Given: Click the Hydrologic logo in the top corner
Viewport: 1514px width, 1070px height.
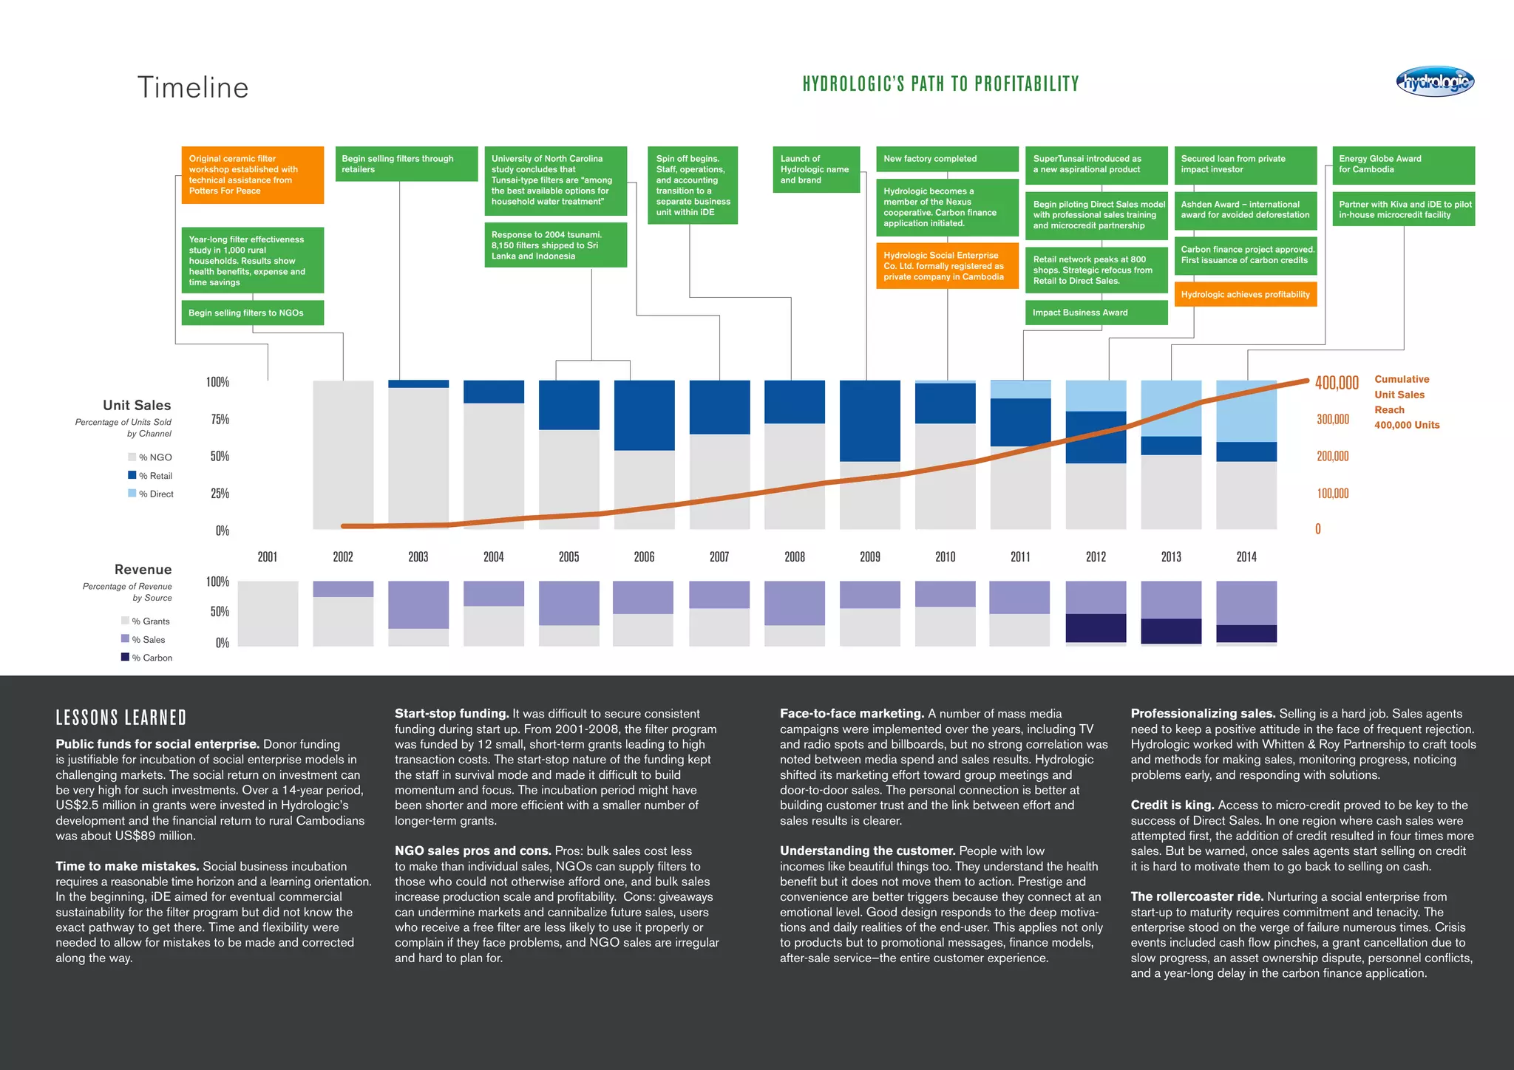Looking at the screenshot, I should point(1434,82).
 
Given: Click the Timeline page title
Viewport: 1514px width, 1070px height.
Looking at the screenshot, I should point(193,87).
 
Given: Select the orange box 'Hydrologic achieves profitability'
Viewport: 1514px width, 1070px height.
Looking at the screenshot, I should point(1245,294).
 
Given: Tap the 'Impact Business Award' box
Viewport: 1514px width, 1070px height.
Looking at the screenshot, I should point(1096,313).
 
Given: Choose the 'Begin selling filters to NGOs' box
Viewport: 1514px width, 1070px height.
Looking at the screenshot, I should point(252,313).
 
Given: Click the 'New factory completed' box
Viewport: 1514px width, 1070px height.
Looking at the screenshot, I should point(947,159).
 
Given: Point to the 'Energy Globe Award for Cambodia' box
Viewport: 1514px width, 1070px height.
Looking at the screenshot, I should point(1402,165).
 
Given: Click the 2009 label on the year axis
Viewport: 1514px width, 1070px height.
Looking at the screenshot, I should point(870,556).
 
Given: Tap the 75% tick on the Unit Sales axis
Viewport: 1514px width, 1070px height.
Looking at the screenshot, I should point(220,419).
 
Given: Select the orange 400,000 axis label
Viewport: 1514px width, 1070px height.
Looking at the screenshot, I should point(1337,383).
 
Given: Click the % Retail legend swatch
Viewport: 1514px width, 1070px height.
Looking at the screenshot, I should point(132,475).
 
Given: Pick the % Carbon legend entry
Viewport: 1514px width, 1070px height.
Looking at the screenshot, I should point(148,658).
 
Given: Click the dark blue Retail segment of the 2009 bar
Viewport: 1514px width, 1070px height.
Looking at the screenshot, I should point(870,420).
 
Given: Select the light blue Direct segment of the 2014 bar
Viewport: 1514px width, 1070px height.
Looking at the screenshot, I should point(1246,411).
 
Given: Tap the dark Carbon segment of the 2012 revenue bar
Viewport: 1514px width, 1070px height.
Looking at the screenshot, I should point(1096,627).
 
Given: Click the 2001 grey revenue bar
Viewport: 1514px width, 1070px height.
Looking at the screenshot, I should point(268,613).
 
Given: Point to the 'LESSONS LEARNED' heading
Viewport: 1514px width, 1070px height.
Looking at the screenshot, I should point(121,718).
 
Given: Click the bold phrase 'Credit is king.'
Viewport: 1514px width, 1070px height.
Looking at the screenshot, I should point(1172,805).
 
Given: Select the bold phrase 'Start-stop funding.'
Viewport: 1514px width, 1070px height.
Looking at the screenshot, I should point(452,713).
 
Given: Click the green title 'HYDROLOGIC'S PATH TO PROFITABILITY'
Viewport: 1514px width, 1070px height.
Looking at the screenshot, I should point(940,84).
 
